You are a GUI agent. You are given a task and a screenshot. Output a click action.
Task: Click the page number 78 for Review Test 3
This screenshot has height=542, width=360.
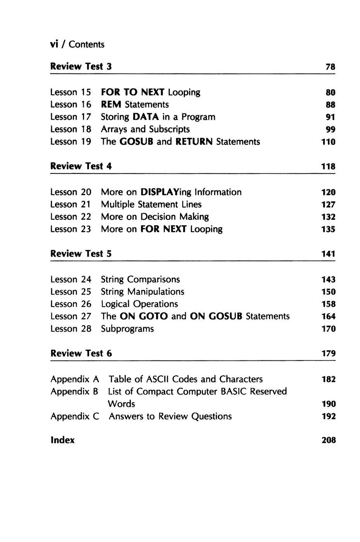pyautogui.click(x=330, y=67)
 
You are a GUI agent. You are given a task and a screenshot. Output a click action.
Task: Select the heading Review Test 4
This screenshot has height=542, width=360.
pyautogui.click(x=81, y=166)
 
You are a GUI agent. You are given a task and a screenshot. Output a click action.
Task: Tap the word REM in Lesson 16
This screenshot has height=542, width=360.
pyautogui.click(x=111, y=105)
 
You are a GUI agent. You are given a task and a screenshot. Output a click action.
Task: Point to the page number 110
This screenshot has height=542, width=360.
pyautogui.click(x=329, y=142)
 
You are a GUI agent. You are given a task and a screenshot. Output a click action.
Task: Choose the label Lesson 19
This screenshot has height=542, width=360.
pyautogui.click(x=71, y=142)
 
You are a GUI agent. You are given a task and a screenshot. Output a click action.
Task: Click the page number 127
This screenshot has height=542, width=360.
pyautogui.click(x=329, y=205)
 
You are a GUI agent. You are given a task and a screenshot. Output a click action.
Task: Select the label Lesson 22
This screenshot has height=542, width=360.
pyautogui.click(x=71, y=217)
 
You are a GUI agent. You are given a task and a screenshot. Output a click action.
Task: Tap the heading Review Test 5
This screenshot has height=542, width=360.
pyautogui.click(x=81, y=254)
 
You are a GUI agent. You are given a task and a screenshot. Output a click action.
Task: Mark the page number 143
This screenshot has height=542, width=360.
pyautogui.click(x=329, y=280)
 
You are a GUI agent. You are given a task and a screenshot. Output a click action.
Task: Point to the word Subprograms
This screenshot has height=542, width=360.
pyautogui.click(x=127, y=329)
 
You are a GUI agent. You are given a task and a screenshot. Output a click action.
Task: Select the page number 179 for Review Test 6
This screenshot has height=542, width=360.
pyautogui.click(x=329, y=354)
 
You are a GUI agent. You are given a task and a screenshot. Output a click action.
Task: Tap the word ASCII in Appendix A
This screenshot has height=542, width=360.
pyautogui.click(x=157, y=379)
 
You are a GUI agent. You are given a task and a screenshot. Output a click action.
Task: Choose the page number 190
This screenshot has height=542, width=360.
pyautogui.click(x=329, y=404)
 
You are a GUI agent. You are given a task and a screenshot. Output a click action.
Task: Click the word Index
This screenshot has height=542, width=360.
pyautogui.click(x=63, y=440)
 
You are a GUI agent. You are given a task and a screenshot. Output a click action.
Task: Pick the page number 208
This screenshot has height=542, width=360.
pyautogui.click(x=329, y=441)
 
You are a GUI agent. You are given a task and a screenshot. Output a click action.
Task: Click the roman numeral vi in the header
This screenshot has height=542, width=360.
pyautogui.click(x=54, y=45)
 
